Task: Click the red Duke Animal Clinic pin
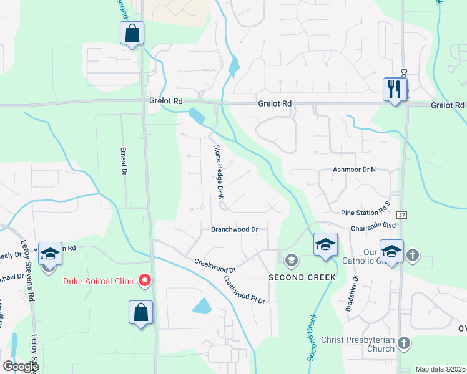point(145,280)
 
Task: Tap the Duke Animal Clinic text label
point(99,281)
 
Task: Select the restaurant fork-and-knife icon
point(395,89)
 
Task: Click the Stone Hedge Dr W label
point(219,172)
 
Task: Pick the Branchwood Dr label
point(234,229)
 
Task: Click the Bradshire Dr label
point(355,289)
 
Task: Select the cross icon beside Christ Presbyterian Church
point(404,343)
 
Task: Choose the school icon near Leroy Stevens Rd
point(50,253)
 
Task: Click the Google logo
point(21,367)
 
